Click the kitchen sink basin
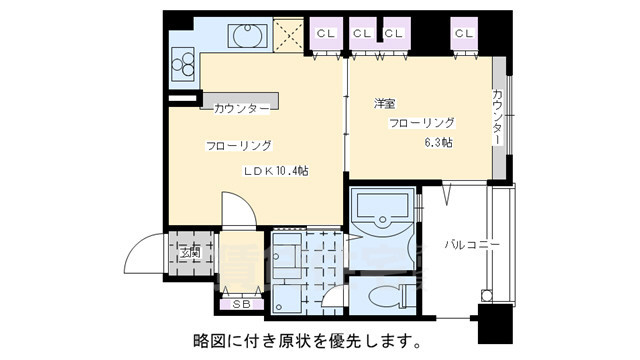coord(245,37)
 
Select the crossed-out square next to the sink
coord(290,37)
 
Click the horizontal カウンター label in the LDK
coord(240,107)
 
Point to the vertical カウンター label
coord(497,118)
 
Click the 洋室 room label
coord(383,104)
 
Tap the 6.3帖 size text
coord(438,142)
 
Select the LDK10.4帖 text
coord(276,171)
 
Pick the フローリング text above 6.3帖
coord(421,123)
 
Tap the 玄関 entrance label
coord(189,253)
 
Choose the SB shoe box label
coord(241,304)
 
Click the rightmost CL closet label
coord(463,34)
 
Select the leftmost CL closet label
coord(325,34)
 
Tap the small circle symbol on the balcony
coord(487,295)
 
